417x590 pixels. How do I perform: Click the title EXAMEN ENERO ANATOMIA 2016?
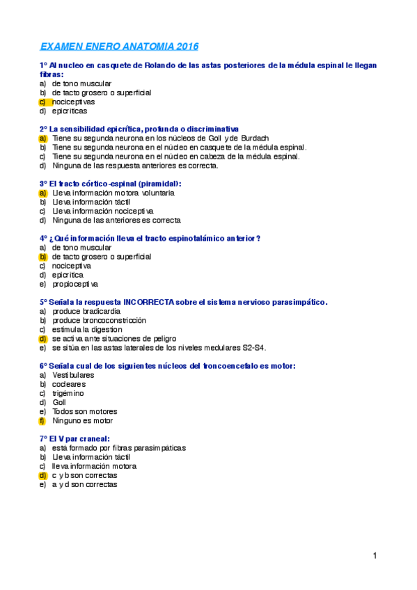coord(119,47)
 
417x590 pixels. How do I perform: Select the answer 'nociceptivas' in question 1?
coord(74,102)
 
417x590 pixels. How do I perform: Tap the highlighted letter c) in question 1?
coord(42,102)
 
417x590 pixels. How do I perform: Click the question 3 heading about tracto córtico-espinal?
coord(111,184)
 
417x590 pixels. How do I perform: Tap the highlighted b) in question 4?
coord(42,257)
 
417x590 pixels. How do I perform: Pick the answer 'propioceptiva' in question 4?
coord(75,284)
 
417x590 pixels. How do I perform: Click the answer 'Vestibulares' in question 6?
coord(73,375)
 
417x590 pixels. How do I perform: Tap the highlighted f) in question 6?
coord(42,421)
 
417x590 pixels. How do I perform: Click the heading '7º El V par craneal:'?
coord(74,439)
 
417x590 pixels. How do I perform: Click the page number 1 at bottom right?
coord(375,555)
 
